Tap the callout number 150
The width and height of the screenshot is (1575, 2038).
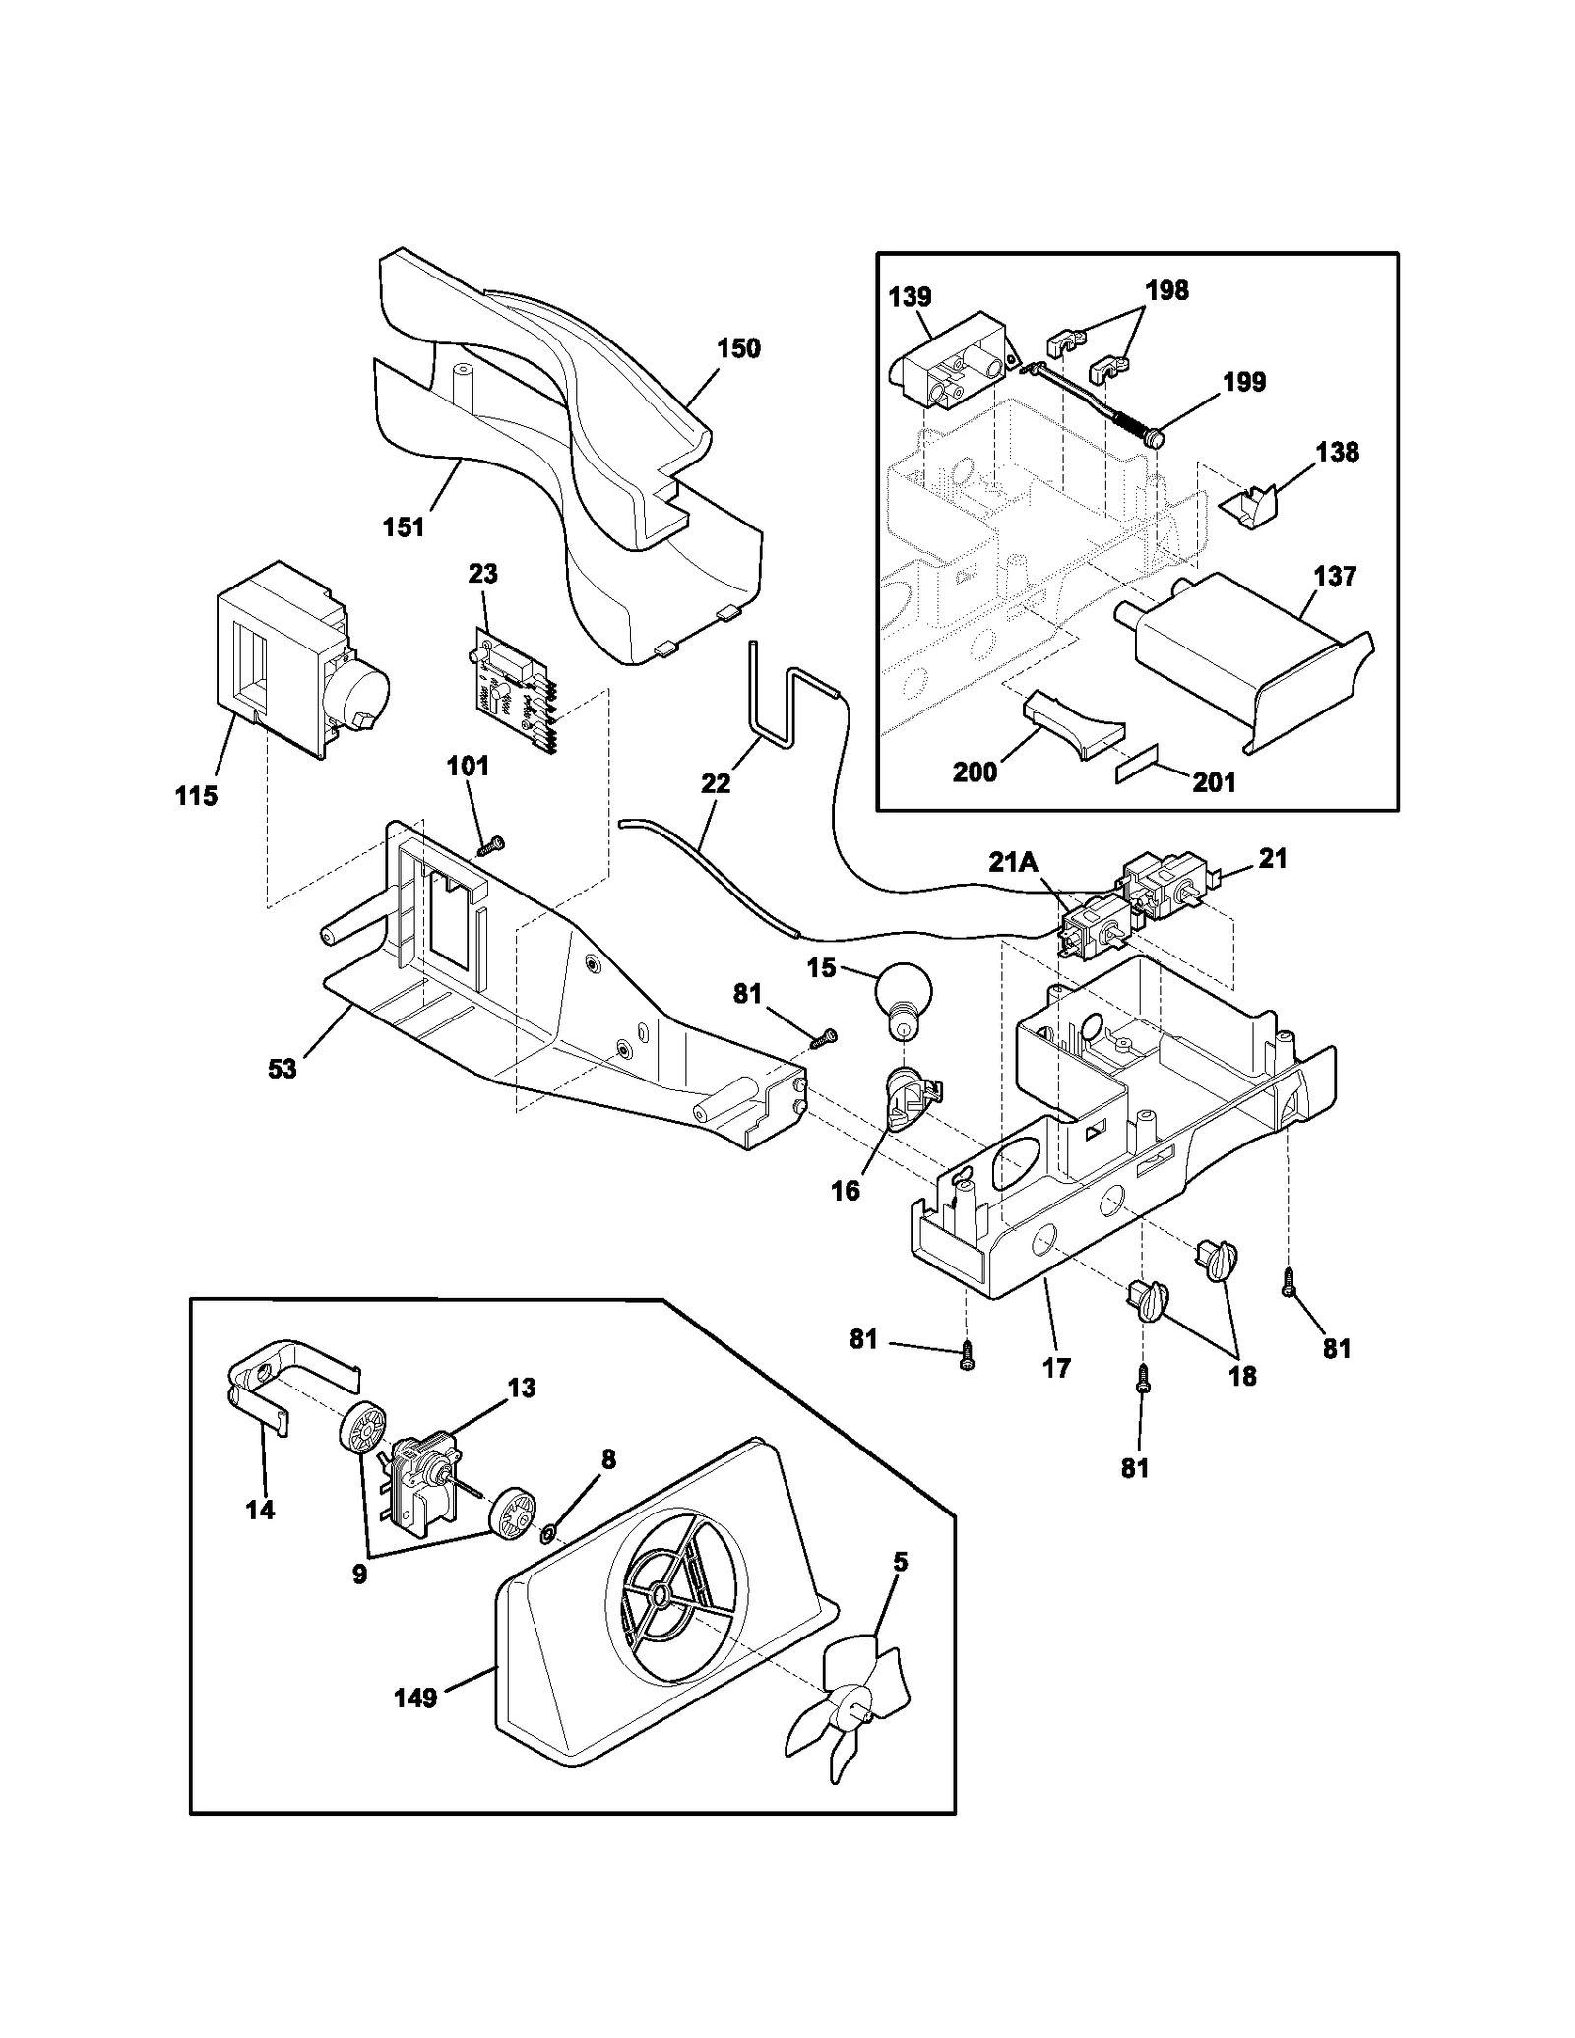tap(738, 348)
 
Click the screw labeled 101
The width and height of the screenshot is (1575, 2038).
tap(489, 844)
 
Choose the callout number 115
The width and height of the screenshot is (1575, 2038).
tap(196, 796)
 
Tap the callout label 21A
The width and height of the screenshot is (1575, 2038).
tap(1014, 863)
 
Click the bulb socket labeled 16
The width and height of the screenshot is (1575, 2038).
tap(910, 1102)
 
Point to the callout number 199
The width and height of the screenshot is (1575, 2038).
tap(1244, 382)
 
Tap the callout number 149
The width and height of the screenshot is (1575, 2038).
tap(415, 1698)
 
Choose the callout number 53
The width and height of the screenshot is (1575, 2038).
tap(283, 1068)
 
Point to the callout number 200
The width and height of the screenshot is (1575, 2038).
tap(975, 772)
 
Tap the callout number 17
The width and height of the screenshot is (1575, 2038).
tap(1056, 1368)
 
